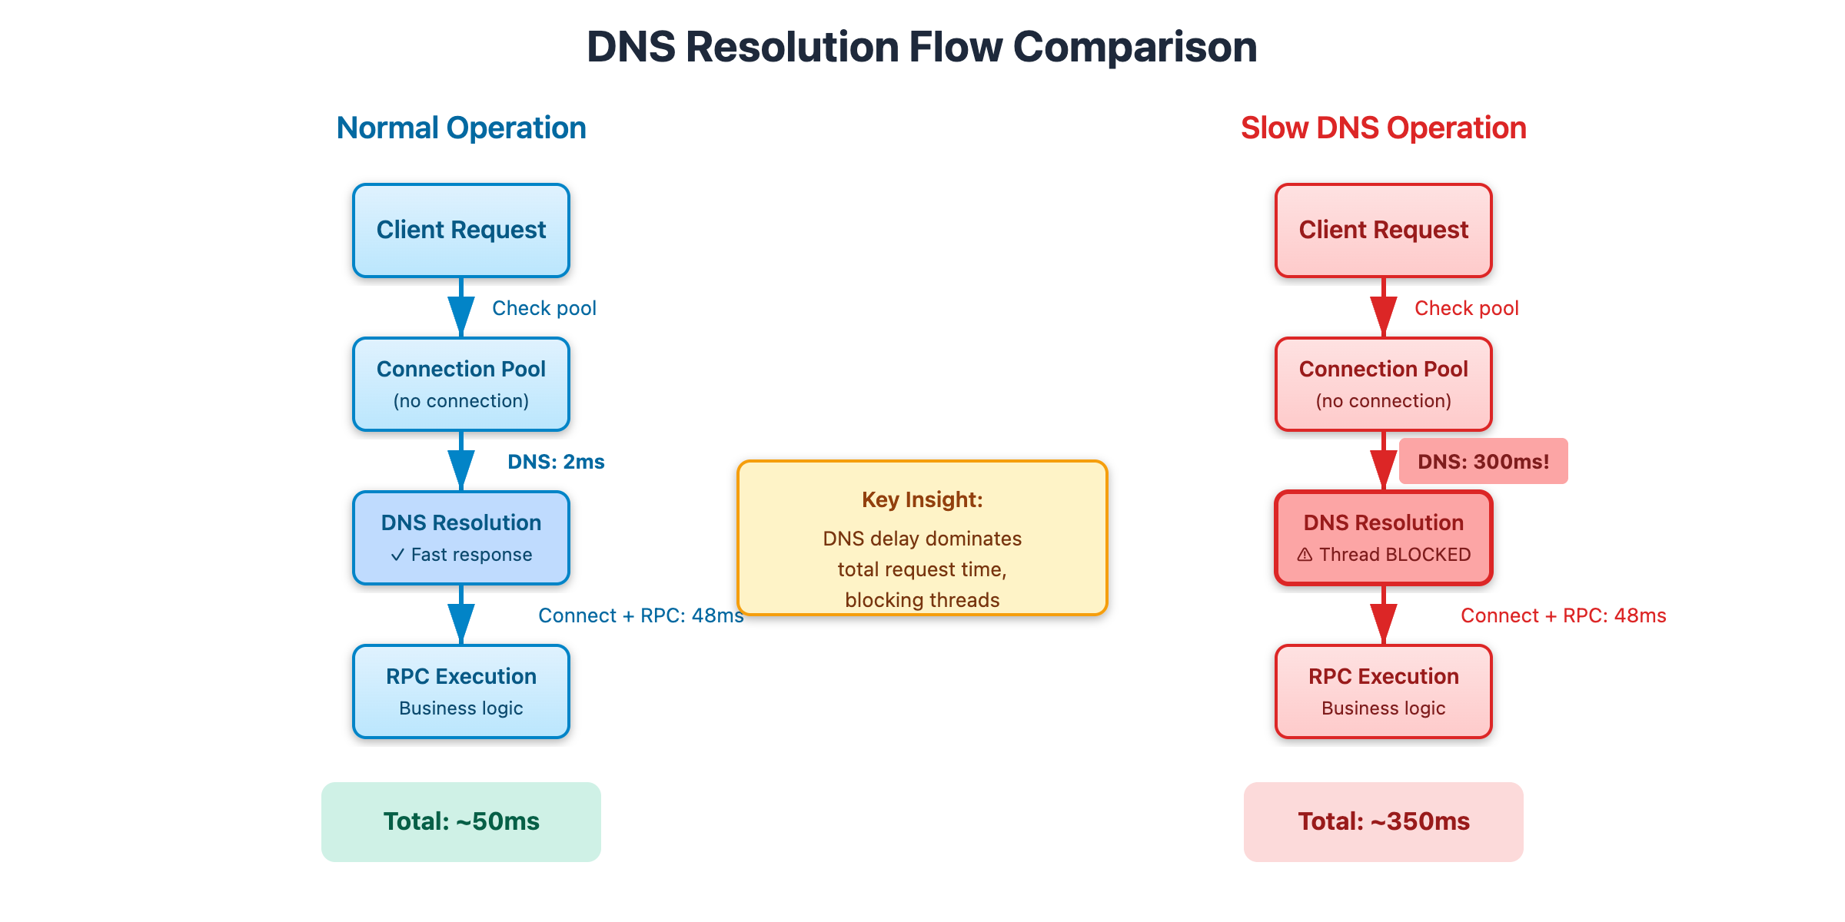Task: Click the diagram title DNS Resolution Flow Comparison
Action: pos(922,47)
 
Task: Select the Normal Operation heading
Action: pos(461,128)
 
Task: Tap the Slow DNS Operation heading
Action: pos(1383,128)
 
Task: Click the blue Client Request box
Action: pos(461,230)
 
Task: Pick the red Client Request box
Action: pos(1384,230)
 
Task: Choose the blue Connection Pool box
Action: pos(461,384)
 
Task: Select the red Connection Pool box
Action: pos(1384,384)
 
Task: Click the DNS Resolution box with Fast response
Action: pos(461,538)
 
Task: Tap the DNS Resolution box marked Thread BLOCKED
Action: pos(1384,538)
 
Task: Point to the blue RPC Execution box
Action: pos(461,691)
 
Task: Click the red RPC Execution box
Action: pos(1384,691)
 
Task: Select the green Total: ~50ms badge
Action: pos(461,821)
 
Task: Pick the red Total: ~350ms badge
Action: pos(1384,821)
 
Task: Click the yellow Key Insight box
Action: pos(922,538)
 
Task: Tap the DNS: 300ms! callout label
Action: pos(1483,461)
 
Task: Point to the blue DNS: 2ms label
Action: pos(556,462)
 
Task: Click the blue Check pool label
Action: pos(544,308)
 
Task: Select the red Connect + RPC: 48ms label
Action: pos(1563,615)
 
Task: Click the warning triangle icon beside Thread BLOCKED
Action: pos(1305,555)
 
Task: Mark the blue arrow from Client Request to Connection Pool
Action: pos(461,307)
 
